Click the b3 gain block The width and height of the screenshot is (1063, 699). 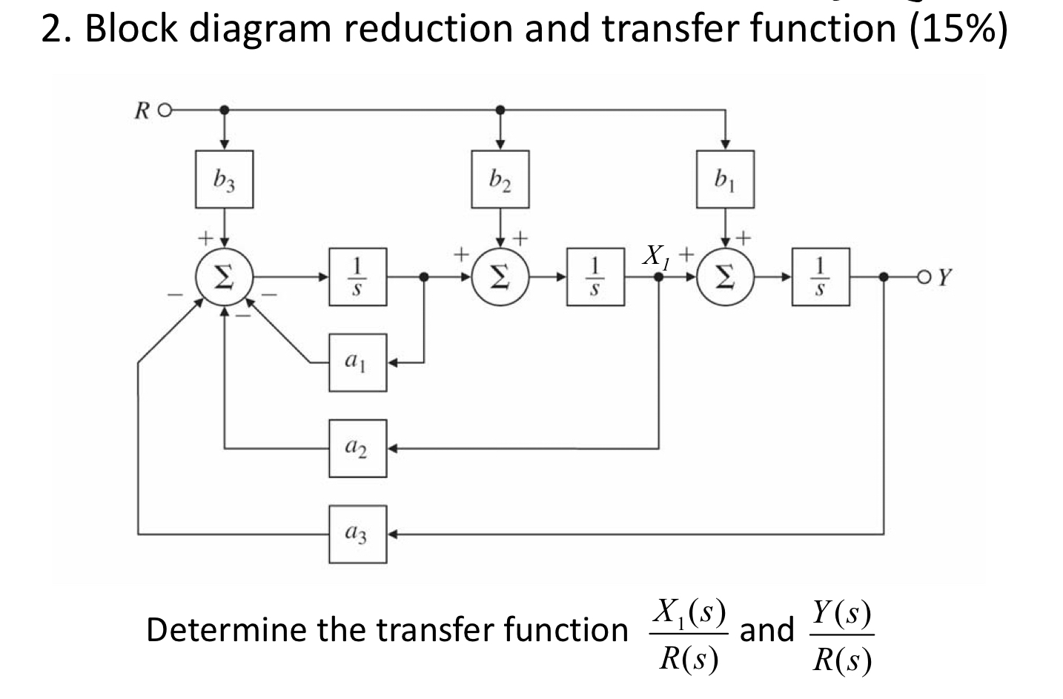pos(224,179)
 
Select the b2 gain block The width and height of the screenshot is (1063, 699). pos(500,179)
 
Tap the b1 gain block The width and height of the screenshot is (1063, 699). pos(725,179)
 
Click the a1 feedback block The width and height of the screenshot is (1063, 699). pos(357,363)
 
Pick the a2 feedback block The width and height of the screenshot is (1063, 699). pos(357,448)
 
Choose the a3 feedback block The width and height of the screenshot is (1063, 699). pos(357,534)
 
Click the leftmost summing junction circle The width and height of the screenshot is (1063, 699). pos(224,277)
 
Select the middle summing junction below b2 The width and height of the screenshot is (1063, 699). pos(500,277)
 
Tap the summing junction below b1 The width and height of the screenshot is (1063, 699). pos(725,277)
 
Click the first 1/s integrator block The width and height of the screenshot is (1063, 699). pos(357,277)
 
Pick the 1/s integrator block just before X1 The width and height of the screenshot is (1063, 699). pos(595,277)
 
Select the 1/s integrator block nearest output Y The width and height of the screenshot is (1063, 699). pos(821,277)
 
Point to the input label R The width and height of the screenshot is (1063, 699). pos(142,111)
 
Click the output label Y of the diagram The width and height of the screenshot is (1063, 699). pos(944,279)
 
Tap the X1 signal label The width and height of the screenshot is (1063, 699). pos(655,256)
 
